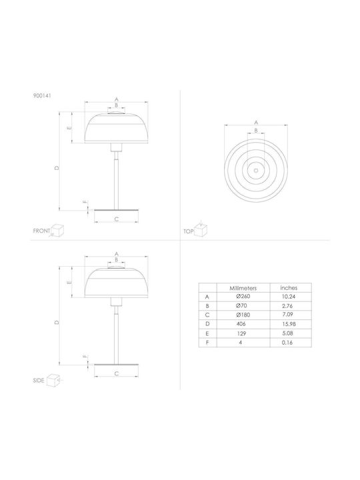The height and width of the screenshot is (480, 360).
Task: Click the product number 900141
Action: [x=42, y=95]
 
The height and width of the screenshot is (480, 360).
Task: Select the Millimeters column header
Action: [x=243, y=288]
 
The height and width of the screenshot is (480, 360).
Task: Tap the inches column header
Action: [x=289, y=288]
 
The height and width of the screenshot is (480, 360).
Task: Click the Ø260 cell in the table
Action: [x=243, y=296]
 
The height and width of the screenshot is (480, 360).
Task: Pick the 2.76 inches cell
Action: [x=288, y=305]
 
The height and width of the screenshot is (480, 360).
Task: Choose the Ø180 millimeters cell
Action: [x=243, y=315]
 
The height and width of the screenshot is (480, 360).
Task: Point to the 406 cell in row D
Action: [x=241, y=324]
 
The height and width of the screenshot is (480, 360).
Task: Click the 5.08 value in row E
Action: [x=289, y=333]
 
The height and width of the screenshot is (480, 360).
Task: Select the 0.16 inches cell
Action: [x=287, y=343]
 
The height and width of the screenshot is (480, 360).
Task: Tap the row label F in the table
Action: [x=207, y=343]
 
